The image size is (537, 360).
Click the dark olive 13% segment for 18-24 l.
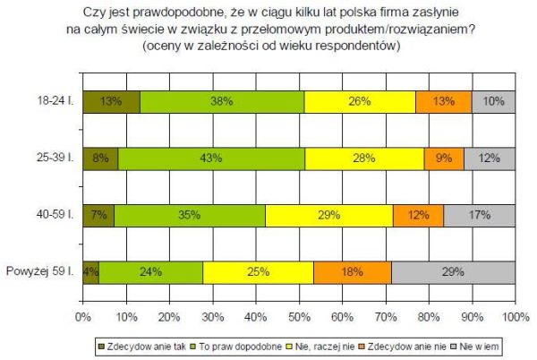[111, 102]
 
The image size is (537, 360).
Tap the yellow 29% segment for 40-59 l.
[328, 215]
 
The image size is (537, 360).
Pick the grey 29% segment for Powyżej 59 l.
[453, 271]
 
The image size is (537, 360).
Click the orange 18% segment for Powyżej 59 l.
[352, 271]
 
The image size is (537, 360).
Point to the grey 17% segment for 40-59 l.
[479, 215]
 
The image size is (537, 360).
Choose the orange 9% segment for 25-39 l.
[444, 159]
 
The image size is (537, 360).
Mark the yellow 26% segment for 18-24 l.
[360, 102]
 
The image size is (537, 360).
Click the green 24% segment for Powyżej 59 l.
[150, 271]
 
